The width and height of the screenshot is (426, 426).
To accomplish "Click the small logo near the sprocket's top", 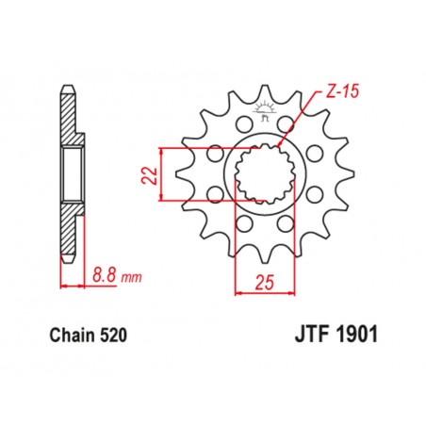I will pos(263,118).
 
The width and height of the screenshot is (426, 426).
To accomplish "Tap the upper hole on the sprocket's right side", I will pos(312,150).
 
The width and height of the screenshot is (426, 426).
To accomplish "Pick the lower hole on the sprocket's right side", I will pos(312,195).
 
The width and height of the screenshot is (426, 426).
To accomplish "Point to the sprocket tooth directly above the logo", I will pos(263,94).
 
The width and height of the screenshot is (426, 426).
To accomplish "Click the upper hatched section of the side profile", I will pos(68,118).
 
